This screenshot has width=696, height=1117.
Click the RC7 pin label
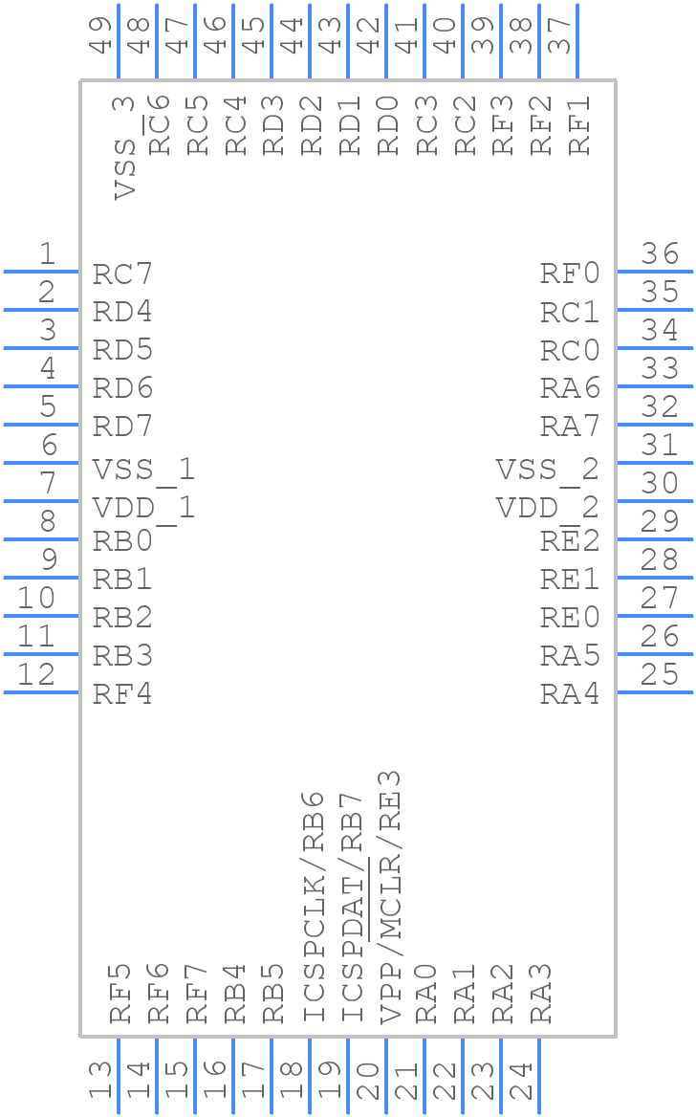[122, 274]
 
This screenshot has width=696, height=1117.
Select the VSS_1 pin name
[143, 470]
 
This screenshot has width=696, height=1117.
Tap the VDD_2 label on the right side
[547, 508]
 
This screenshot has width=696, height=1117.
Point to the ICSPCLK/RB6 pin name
[314, 906]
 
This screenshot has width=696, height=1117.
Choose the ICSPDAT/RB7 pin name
[352, 906]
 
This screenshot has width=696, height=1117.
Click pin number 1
[46, 254]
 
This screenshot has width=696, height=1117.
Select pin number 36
[660, 254]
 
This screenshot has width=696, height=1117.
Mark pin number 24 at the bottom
[521, 1081]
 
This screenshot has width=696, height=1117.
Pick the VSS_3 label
[124, 147]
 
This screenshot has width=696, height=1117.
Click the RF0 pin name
[570, 274]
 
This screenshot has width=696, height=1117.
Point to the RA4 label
[570, 694]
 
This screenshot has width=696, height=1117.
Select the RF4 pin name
[122, 694]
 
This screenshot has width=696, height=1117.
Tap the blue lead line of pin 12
[41, 691]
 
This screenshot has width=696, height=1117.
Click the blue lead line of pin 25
[655, 691]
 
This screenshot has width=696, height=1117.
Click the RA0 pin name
[426, 995]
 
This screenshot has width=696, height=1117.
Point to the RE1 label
[570, 580]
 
